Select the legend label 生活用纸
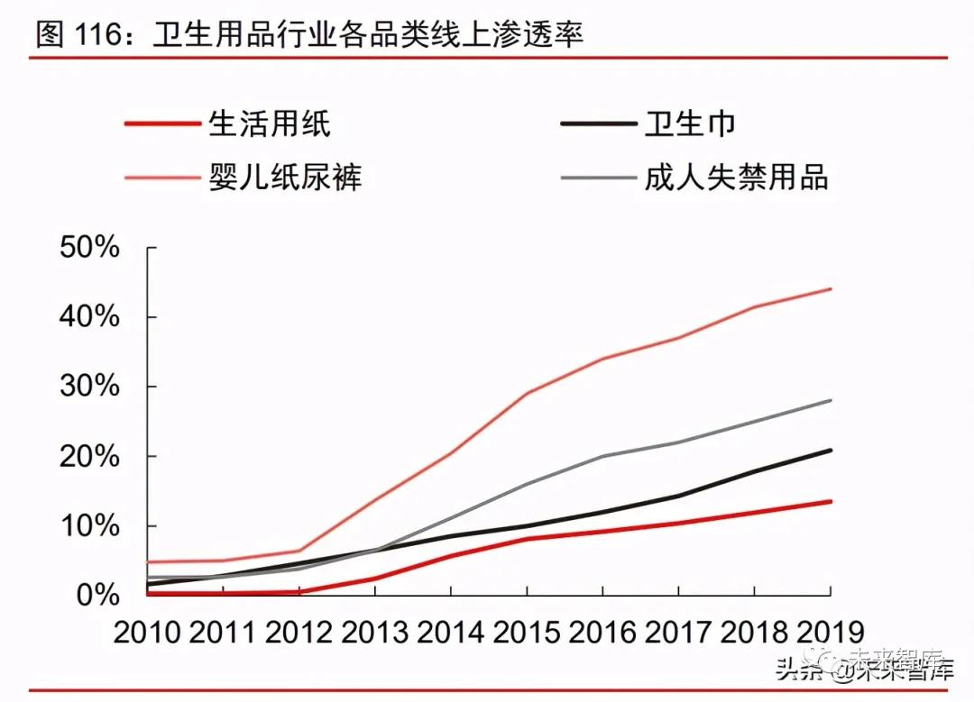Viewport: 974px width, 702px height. (x=270, y=123)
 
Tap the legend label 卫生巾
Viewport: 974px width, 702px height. (x=690, y=123)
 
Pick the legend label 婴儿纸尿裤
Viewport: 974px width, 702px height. (x=285, y=177)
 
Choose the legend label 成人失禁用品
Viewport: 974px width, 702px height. (x=736, y=177)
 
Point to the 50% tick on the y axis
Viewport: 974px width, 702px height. (x=89, y=248)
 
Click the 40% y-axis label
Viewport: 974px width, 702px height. (x=89, y=317)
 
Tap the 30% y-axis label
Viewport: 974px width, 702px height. (x=89, y=387)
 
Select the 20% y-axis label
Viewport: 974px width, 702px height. (x=89, y=456)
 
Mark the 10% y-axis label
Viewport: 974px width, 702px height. (x=89, y=525)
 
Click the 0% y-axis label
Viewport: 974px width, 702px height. (x=98, y=595)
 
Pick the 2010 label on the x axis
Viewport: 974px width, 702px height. (x=147, y=632)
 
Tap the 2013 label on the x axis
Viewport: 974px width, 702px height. (x=374, y=632)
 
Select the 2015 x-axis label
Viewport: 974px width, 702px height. (x=527, y=632)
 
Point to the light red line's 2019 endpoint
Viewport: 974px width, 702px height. (x=830, y=289)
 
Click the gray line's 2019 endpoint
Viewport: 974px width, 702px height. (x=830, y=400)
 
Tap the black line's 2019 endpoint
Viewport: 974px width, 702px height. (x=830, y=450)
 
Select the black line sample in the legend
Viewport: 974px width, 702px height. (x=598, y=123)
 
